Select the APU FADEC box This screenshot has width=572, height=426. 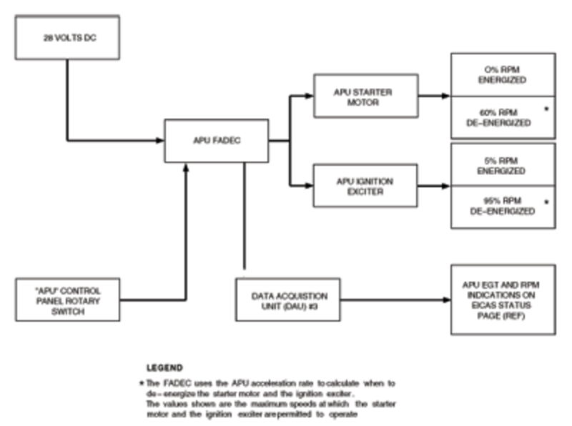coord(217,140)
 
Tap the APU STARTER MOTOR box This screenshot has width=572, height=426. coord(365,95)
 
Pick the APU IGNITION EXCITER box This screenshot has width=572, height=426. coord(365,186)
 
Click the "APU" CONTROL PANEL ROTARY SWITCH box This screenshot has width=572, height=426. coord(67,299)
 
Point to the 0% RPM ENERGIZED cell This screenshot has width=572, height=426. coord(502,75)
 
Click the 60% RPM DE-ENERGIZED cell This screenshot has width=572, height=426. coord(502,117)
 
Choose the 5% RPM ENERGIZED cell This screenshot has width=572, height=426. coord(502,166)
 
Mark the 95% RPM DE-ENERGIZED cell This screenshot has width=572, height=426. coord(502,207)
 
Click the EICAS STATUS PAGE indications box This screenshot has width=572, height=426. coord(502,299)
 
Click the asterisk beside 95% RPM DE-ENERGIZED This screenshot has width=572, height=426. coord(546,202)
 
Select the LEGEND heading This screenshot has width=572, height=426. coord(164,367)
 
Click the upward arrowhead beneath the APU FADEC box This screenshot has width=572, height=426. coord(186,167)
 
